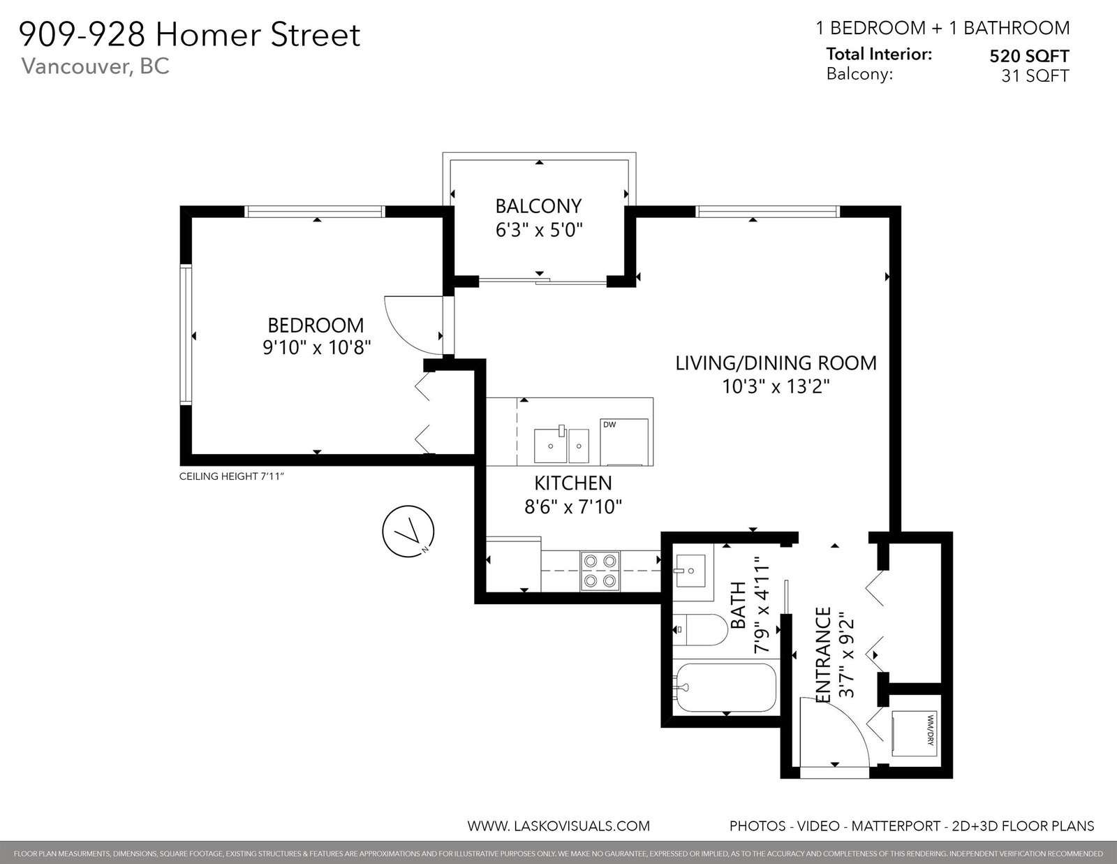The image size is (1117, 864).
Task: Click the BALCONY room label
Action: point(538,206)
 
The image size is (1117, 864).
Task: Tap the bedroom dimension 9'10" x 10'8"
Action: point(317,348)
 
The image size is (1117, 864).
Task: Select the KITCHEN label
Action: point(573,483)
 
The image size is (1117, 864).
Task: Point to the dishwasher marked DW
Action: point(624,441)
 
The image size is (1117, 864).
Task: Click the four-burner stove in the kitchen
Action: point(600,571)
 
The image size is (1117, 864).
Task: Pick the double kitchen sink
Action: point(561,446)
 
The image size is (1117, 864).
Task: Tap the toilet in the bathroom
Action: point(700,629)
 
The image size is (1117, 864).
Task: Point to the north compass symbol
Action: point(408,532)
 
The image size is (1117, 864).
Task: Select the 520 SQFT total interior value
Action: point(1029,56)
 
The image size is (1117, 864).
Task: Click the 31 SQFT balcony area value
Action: point(1035,76)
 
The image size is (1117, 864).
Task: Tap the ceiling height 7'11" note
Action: point(231,476)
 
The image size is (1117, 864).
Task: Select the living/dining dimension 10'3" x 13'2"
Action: point(776,386)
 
